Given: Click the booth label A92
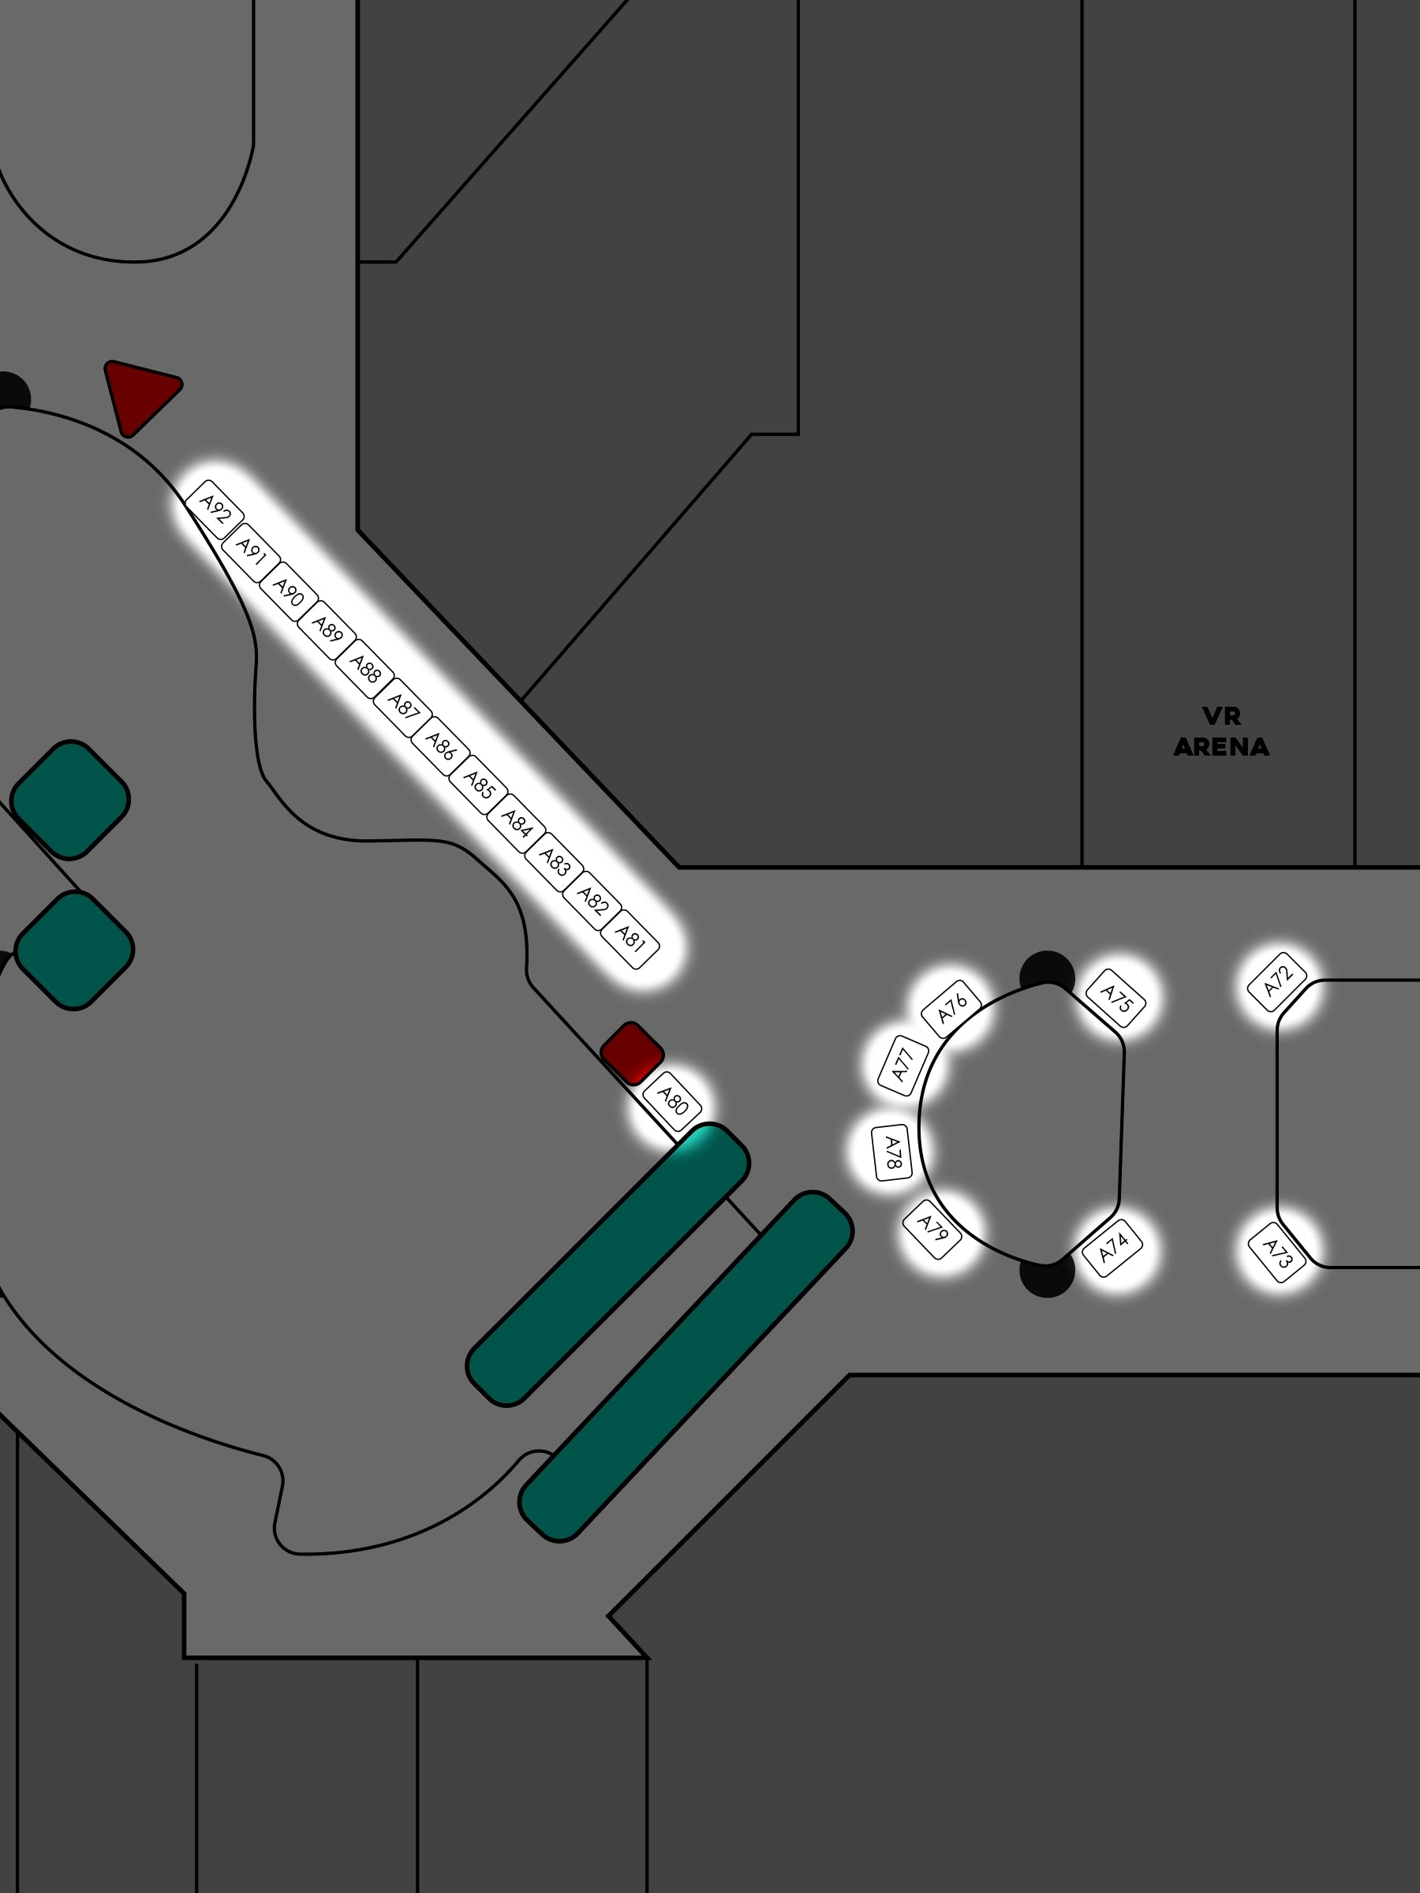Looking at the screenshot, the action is pos(215,510).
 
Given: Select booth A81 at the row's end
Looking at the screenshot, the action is pos(630,939).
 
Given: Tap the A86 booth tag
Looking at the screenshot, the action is pos(441,745).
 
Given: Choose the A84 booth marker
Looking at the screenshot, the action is pos(516,823).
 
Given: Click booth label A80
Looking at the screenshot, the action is pos(672,1101).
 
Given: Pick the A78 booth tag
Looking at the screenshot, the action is pos(892,1152).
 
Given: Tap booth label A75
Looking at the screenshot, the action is pos(1116,998).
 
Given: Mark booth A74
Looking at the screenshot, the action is pos(1112,1247).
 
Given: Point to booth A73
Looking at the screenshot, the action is pos(1277,1253).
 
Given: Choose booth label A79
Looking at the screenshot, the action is pos(932,1229).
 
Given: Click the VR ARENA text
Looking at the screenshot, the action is pos(1221,732).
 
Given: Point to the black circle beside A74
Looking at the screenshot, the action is pos(1047,1275).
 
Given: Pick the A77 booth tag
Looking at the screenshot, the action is pos(903,1065).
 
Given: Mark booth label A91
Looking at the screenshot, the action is pos(251,552).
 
